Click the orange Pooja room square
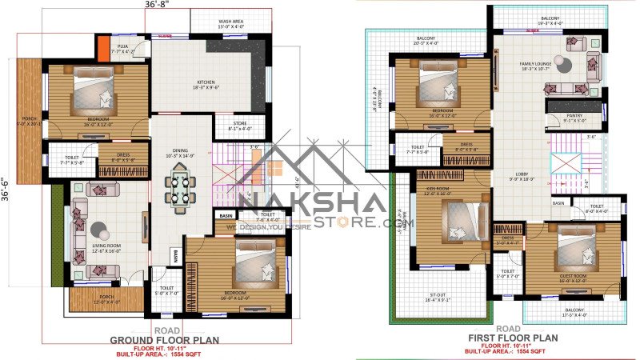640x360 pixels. coord(102,47)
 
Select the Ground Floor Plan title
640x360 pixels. coord(164,339)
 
